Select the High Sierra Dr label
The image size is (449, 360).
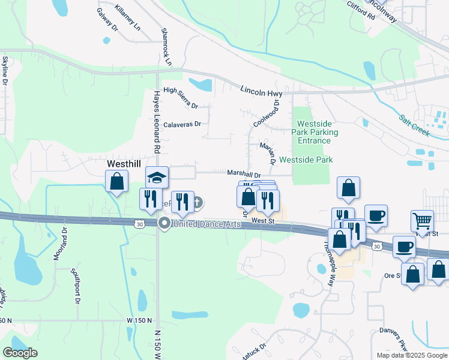tap(180, 97)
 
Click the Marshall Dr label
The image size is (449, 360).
tap(244, 174)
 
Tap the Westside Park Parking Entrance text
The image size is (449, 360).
tap(315, 132)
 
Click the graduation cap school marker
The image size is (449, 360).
tap(157, 178)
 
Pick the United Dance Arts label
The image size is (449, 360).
tap(206, 224)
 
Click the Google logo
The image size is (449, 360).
tap(20, 353)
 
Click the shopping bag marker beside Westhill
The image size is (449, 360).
tap(117, 181)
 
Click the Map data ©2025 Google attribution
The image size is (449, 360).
tap(411, 355)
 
